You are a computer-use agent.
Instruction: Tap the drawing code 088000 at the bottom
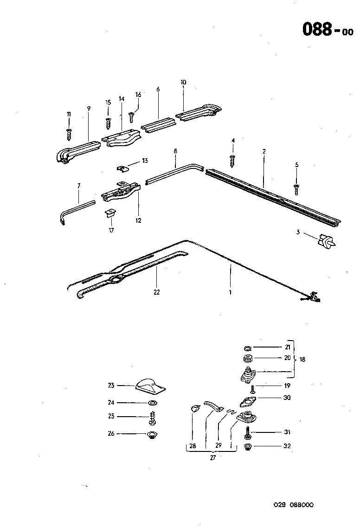coord(304,505)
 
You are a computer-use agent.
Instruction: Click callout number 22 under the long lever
coord(156,292)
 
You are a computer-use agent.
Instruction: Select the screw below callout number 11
coord(69,134)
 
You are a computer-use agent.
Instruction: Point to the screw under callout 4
coord(233,160)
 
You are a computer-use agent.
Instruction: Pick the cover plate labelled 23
coord(150,385)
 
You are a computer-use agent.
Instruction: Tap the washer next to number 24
coord(152,402)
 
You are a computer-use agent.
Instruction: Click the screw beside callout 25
coord(152,417)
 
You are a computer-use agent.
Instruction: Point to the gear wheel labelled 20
coord(247,358)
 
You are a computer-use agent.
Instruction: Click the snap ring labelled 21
coord(247,348)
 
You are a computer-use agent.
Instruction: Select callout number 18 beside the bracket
coord(303,360)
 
